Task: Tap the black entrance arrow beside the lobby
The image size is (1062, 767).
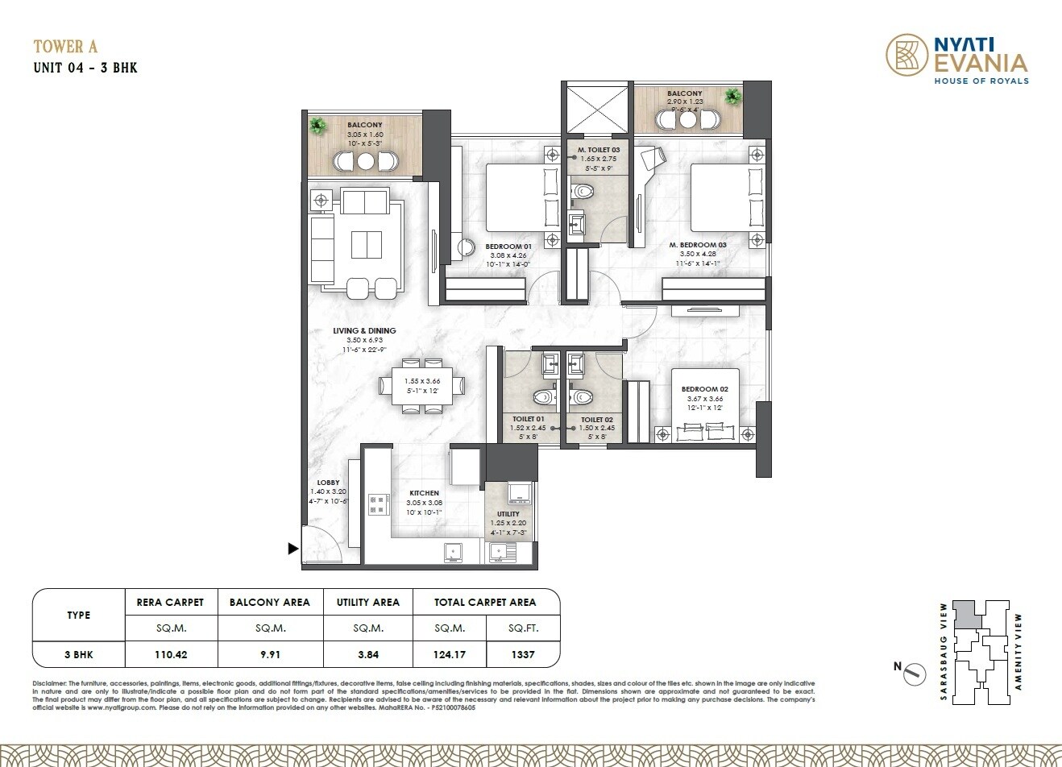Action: tap(293, 549)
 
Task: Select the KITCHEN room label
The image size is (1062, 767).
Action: tap(424, 493)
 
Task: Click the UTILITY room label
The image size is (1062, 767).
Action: tap(508, 513)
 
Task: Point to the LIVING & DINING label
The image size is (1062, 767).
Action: tap(364, 330)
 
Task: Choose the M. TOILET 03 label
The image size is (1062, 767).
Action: tap(598, 150)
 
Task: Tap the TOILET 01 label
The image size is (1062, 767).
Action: tap(529, 419)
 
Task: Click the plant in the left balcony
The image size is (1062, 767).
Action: tap(318, 126)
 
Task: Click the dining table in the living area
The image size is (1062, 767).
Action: tap(423, 386)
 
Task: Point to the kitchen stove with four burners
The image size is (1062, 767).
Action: tap(377, 505)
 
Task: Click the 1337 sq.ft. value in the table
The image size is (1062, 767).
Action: tap(523, 654)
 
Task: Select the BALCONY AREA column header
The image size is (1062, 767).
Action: tap(270, 602)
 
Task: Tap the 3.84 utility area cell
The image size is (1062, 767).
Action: tap(367, 654)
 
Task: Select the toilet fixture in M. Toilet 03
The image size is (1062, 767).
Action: tap(583, 191)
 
